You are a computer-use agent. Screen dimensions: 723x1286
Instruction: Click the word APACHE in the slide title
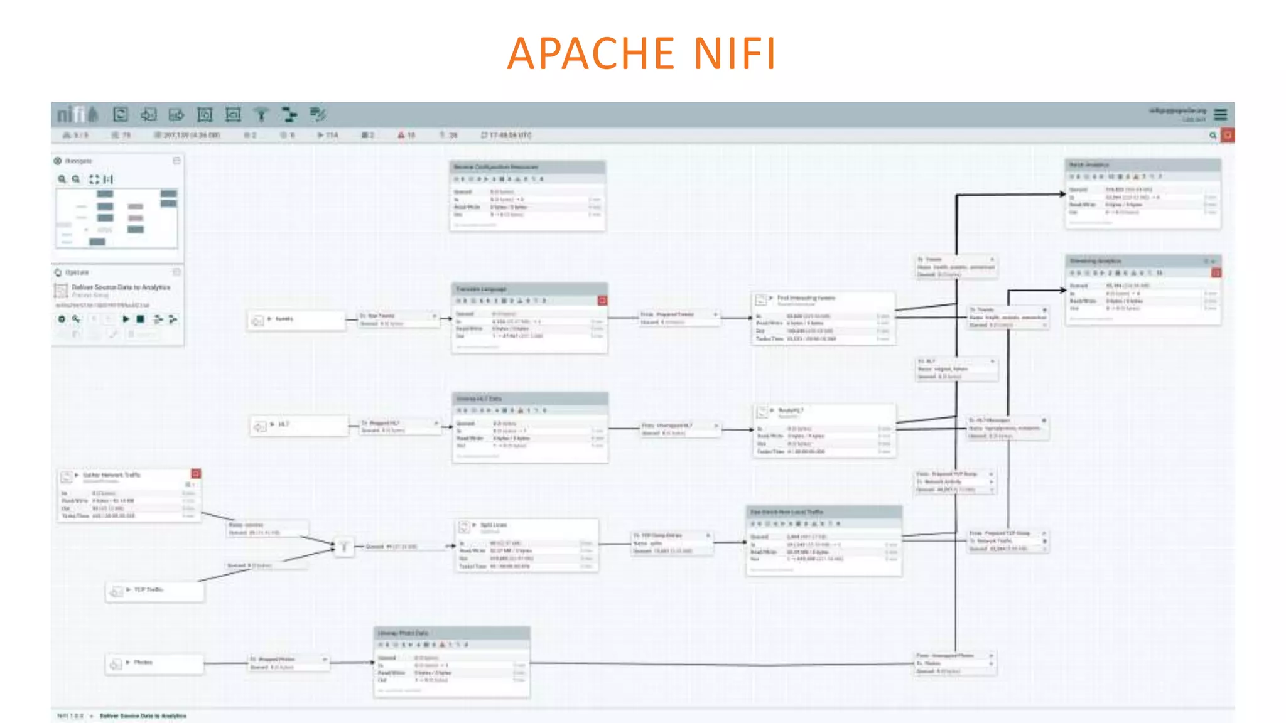(x=590, y=53)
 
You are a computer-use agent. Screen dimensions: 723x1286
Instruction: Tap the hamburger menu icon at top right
(x=1220, y=114)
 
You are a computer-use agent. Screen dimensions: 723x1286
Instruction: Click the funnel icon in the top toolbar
(x=261, y=114)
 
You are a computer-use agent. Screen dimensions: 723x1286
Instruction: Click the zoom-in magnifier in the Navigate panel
(x=62, y=179)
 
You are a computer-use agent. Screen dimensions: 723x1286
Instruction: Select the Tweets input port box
(x=296, y=320)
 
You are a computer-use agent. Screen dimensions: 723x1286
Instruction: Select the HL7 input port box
(x=298, y=426)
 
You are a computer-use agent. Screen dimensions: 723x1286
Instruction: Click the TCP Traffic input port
(x=154, y=591)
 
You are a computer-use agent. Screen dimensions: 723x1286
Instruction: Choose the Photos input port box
(x=154, y=663)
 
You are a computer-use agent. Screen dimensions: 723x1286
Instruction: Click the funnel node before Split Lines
(x=343, y=547)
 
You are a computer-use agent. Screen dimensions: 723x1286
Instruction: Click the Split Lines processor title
(x=494, y=525)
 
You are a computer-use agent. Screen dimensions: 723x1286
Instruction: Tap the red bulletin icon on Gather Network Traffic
(x=196, y=474)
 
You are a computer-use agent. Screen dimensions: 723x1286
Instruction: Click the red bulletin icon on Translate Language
(x=602, y=301)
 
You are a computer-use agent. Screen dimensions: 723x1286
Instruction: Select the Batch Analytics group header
(x=1142, y=164)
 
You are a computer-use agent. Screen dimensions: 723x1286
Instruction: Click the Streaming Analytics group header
(x=1142, y=260)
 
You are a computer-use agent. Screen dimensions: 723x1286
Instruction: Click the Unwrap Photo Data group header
(x=452, y=633)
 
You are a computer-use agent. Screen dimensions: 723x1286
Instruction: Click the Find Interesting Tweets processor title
(x=806, y=298)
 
